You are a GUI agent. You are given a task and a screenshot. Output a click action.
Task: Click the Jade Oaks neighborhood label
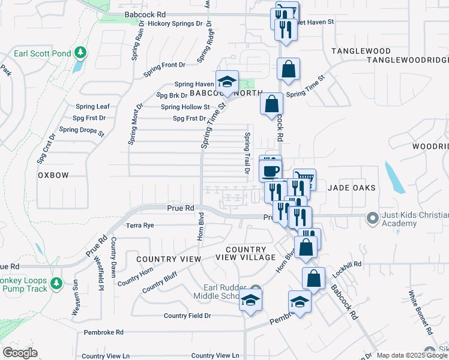352,188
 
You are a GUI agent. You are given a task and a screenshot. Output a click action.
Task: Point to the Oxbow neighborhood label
53,175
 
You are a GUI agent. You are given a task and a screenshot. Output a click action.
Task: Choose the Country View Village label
246,253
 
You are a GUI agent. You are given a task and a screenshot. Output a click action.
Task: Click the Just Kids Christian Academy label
409,220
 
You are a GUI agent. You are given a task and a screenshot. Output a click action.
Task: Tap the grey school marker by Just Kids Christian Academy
372,217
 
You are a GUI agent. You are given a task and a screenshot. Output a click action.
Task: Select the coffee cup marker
270,170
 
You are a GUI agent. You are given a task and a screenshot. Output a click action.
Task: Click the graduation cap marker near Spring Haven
227,82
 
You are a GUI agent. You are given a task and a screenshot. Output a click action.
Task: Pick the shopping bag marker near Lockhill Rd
313,278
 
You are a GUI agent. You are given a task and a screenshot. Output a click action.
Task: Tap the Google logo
19,353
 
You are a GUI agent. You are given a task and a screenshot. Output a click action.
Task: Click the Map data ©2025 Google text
412,355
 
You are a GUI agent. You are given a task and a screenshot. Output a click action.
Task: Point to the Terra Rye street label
140,226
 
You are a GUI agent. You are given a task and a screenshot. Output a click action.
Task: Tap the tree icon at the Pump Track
56,282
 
